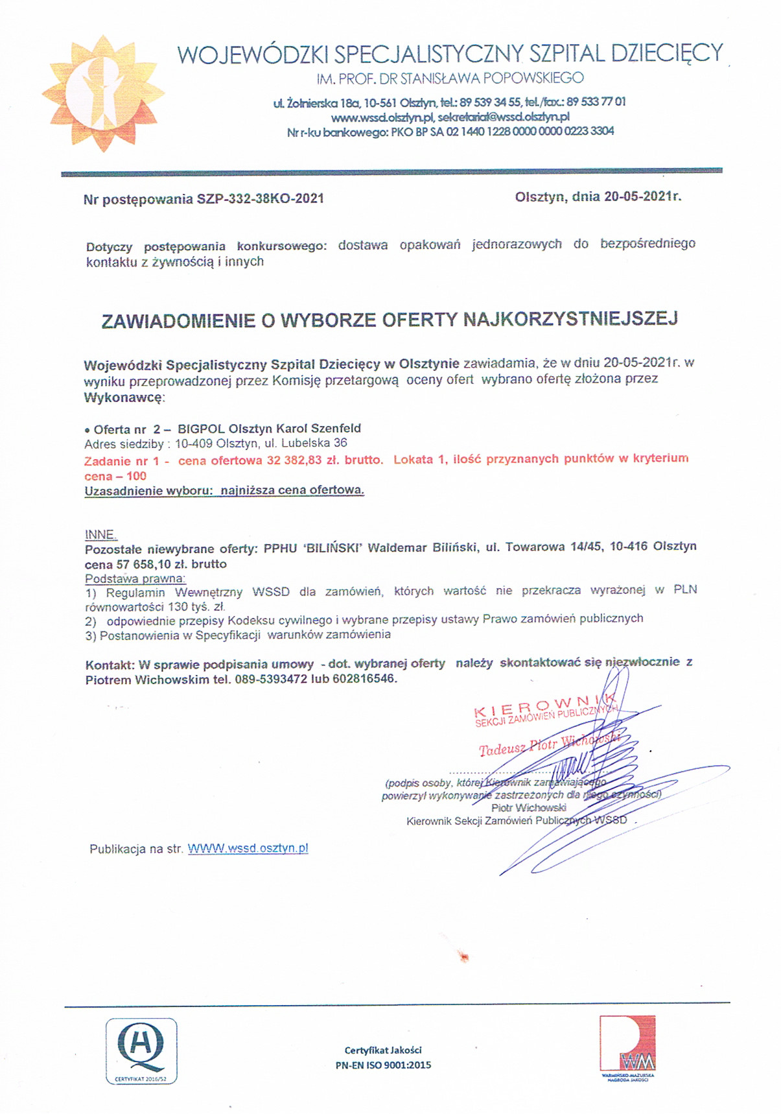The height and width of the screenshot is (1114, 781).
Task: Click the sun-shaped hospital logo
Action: [x=100, y=93]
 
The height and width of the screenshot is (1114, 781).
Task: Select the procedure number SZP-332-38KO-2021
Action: [x=260, y=198]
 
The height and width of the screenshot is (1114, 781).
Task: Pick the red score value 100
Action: [x=136, y=476]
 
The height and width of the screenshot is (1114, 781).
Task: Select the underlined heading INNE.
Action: [x=100, y=535]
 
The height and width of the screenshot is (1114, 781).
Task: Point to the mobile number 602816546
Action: [x=364, y=680]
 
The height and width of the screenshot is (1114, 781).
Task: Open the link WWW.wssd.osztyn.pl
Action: [x=248, y=849]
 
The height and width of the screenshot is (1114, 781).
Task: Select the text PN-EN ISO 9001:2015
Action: [x=383, y=1065]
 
